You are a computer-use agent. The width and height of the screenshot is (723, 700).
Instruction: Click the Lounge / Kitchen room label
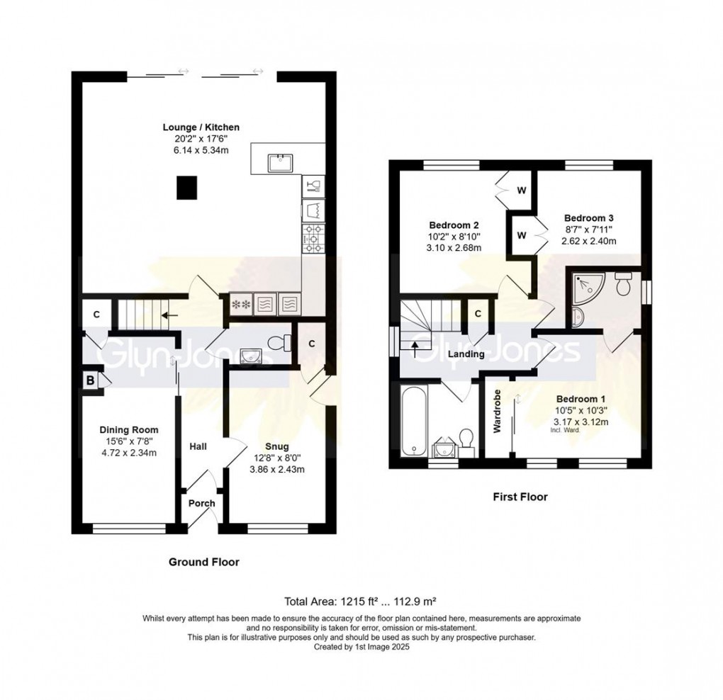pyautogui.click(x=201, y=128)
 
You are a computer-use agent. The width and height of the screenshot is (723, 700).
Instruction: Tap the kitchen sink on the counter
pyautogui.click(x=281, y=163)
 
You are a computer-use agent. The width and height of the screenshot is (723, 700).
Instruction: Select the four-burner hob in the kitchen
pyautogui.click(x=313, y=239)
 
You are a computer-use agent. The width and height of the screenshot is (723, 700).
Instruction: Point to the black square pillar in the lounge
pyautogui.click(x=187, y=188)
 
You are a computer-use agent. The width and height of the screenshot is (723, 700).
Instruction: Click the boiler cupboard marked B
pyautogui.click(x=91, y=380)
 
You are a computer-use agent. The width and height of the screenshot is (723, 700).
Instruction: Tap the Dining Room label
pyautogui.click(x=129, y=430)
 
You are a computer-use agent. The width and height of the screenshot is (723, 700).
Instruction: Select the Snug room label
pyautogui.click(x=277, y=446)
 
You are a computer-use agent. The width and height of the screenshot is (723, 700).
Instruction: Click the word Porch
pyautogui.click(x=202, y=503)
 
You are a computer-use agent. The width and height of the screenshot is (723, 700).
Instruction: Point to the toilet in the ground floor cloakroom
pyautogui.click(x=279, y=343)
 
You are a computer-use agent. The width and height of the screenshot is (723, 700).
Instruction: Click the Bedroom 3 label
pyautogui.click(x=589, y=218)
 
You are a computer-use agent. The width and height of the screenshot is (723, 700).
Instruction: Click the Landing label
pyautogui.click(x=466, y=354)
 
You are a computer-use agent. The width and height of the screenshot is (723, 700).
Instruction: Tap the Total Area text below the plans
pyautogui.click(x=361, y=602)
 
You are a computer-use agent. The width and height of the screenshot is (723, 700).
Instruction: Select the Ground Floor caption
pyautogui.click(x=204, y=562)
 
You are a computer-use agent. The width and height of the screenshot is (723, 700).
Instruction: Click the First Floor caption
pyautogui.click(x=520, y=497)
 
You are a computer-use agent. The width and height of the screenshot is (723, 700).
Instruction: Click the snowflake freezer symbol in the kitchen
pyautogui.click(x=241, y=305)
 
